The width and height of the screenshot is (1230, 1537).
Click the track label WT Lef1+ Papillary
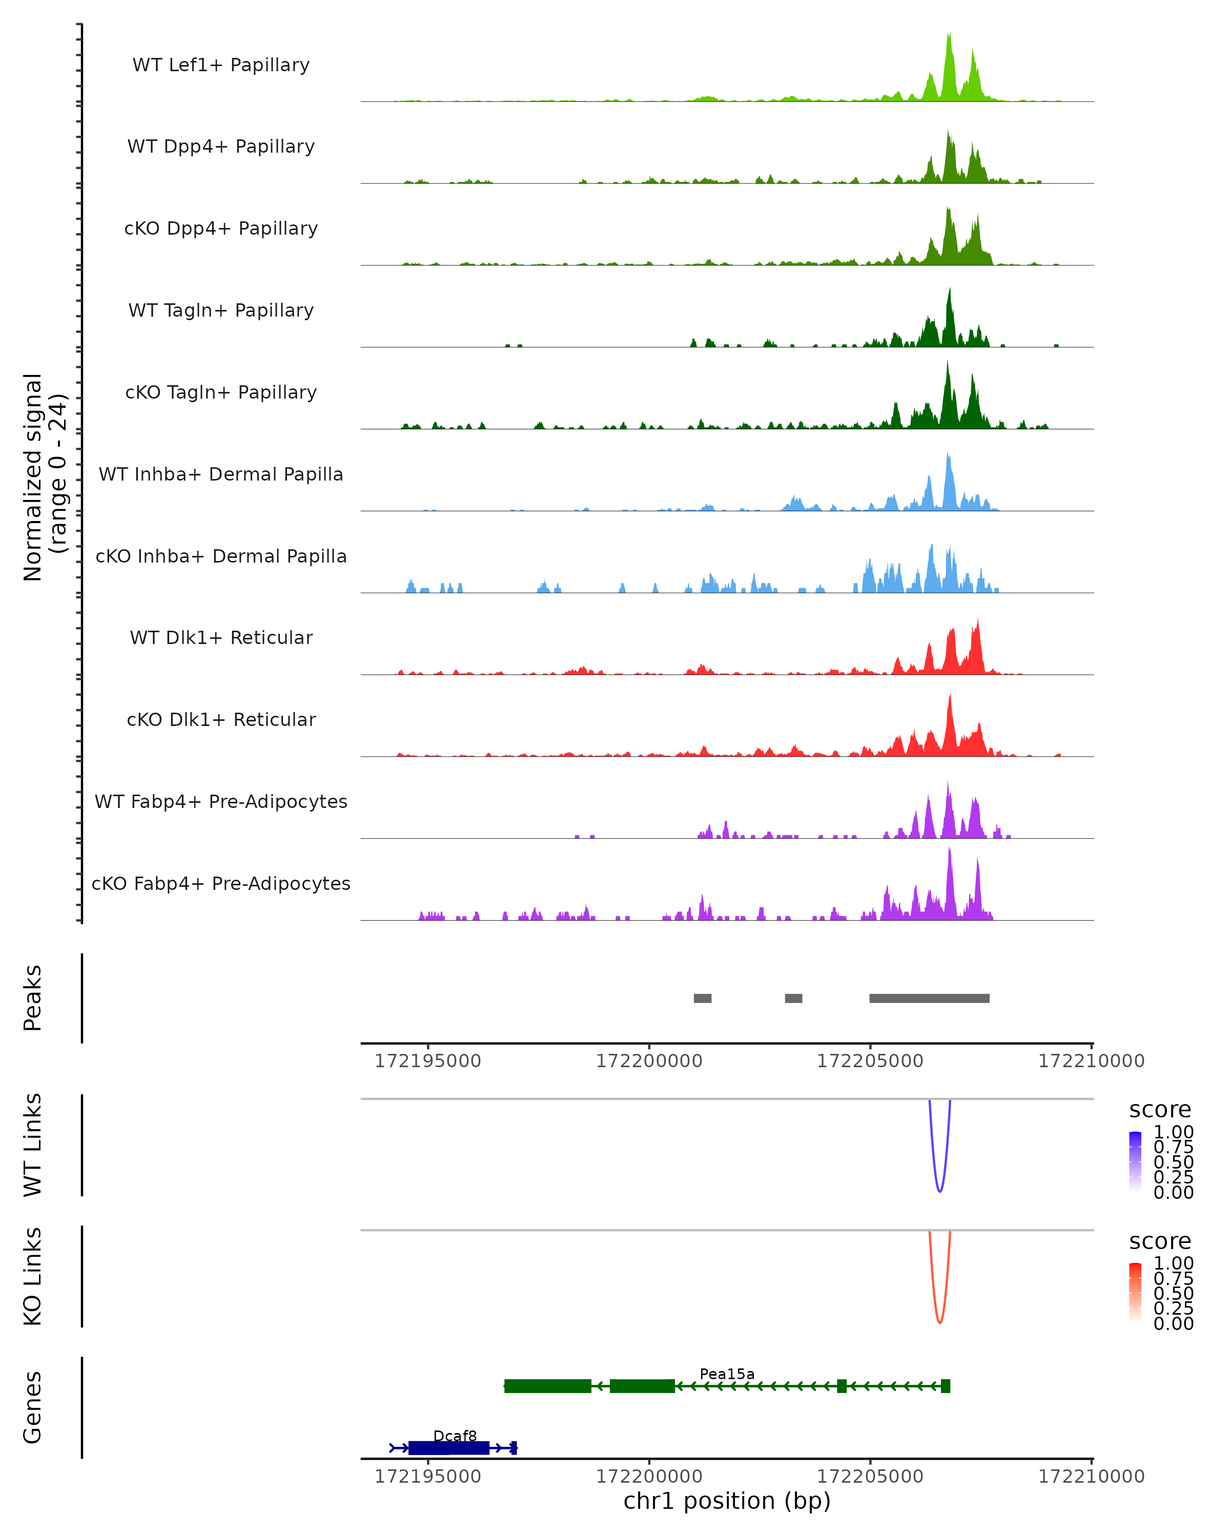click(x=221, y=65)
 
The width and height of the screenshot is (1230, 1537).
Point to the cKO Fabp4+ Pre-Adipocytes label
click(x=221, y=883)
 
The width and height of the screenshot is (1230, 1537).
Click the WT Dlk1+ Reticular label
click(x=221, y=637)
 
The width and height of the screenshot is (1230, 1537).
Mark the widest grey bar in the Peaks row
click(x=929, y=998)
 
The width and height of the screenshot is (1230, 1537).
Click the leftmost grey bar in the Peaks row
click(x=702, y=998)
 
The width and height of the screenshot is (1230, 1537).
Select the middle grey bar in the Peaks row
click(x=794, y=998)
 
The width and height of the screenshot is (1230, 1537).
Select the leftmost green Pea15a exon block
click(x=548, y=1386)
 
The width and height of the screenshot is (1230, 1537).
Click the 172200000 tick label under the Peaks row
click(x=649, y=1061)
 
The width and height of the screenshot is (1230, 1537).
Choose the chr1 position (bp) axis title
click(x=727, y=1501)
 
